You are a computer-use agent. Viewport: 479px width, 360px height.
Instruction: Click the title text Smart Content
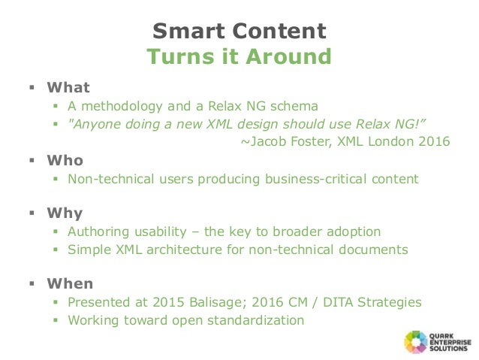[239, 31]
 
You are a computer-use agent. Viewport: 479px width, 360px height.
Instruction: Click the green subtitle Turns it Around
[239, 57]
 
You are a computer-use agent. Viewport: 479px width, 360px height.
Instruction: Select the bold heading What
[68, 87]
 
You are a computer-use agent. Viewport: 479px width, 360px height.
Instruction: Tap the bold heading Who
[65, 161]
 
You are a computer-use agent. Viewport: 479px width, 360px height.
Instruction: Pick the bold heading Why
[65, 213]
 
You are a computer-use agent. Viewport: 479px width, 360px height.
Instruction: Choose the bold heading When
[70, 284]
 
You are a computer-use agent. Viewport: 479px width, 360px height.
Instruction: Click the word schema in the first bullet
[296, 106]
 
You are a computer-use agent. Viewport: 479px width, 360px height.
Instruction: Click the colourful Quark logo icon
[416, 342]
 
